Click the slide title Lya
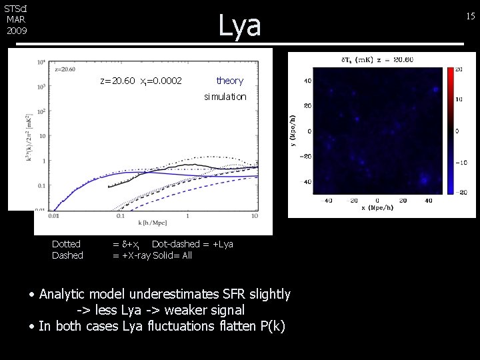point(240,25)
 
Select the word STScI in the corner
point(15,9)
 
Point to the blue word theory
point(230,81)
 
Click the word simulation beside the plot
point(225,97)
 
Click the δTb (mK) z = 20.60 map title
point(377,59)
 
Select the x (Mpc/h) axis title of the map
point(377,208)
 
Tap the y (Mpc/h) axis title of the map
point(292,131)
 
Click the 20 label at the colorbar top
point(459,69)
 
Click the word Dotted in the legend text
point(66,244)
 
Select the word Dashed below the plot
point(67,255)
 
